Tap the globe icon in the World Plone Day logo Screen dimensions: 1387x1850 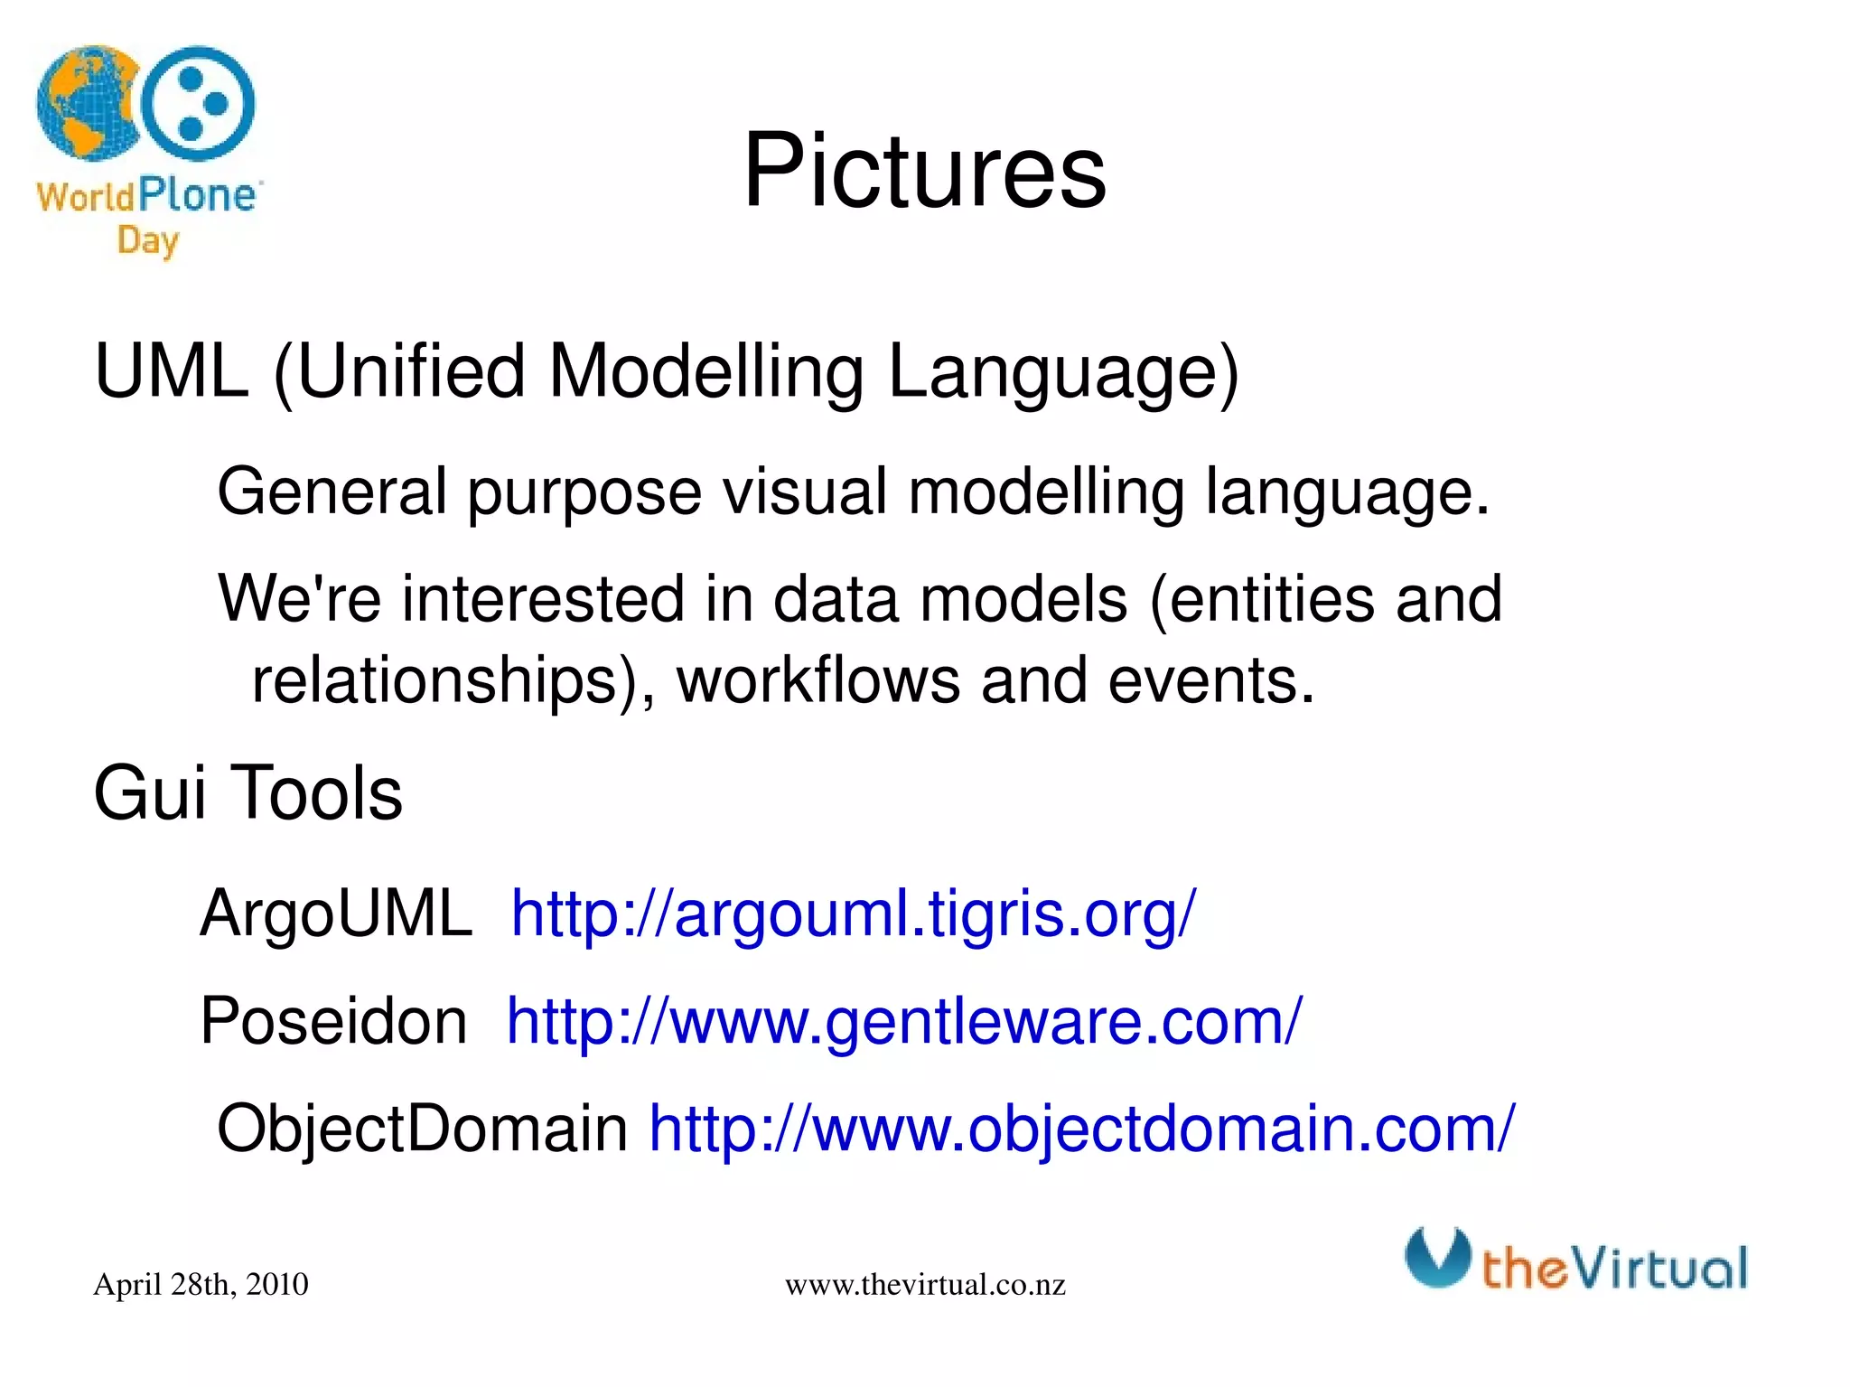coord(86,104)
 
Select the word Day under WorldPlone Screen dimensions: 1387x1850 coord(148,241)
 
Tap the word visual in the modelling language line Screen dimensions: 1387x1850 coord(804,492)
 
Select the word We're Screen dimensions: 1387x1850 coord(299,598)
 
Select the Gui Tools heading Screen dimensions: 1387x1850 coord(248,792)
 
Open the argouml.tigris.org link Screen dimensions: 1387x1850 coord(853,914)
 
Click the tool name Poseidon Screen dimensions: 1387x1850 coord(333,1021)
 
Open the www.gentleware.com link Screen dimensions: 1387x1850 coord(904,1021)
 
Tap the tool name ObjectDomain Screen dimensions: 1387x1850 coord(422,1129)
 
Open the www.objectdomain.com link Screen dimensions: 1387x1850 coord(1081,1129)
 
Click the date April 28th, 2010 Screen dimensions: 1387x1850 coord(201,1284)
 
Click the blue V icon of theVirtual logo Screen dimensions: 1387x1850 coord(1436,1257)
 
